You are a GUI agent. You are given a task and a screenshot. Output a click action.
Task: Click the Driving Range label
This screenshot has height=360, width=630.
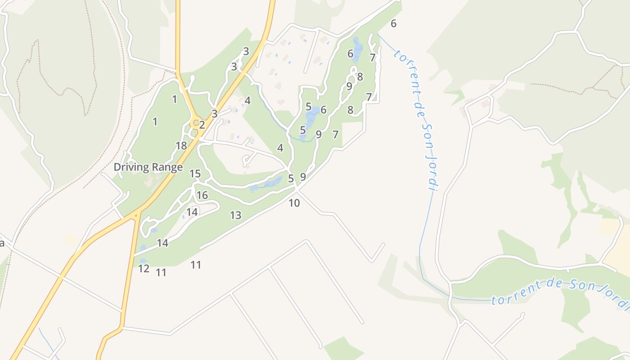tap(148, 167)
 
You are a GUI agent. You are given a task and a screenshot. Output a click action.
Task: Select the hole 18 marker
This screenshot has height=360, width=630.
tap(181, 146)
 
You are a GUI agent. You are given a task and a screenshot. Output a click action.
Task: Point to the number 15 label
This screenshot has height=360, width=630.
tap(195, 174)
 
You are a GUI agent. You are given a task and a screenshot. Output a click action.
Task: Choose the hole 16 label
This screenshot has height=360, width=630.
tap(202, 195)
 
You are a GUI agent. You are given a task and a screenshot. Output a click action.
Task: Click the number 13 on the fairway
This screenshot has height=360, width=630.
tap(236, 216)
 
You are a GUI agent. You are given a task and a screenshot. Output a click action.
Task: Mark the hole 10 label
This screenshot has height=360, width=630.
tap(294, 203)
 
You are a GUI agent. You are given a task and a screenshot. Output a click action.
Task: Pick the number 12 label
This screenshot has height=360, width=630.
tap(144, 269)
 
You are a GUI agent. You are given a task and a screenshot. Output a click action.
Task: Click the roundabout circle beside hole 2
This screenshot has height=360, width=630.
tap(196, 122)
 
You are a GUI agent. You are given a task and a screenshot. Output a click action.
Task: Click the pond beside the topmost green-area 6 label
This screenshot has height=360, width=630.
tap(358, 49)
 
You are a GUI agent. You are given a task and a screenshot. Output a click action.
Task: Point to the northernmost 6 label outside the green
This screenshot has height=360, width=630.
tap(394, 24)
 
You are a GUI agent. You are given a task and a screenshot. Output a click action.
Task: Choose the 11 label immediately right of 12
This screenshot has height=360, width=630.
tap(161, 273)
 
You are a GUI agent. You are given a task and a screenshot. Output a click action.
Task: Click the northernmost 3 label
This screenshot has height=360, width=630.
tap(246, 52)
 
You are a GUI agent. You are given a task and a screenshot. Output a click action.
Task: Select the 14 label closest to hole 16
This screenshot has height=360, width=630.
tap(192, 212)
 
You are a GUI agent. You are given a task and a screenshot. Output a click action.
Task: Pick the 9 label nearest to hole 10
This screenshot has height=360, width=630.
tap(303, 177)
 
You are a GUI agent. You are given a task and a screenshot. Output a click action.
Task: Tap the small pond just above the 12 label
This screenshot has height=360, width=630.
tap(143, 261)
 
